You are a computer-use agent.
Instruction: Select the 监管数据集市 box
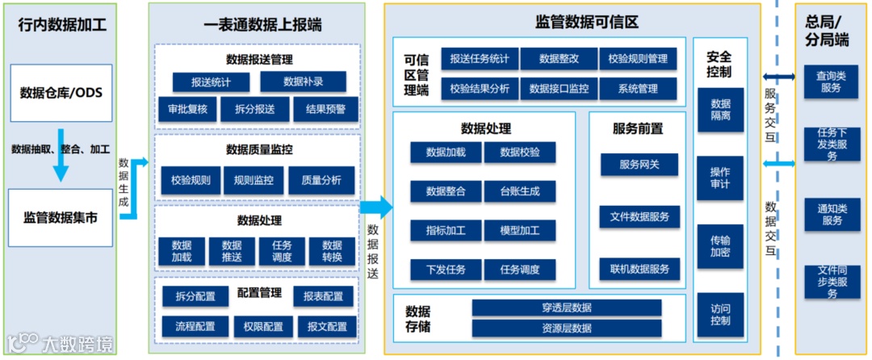point(61,217)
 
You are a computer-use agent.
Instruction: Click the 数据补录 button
point(303,82)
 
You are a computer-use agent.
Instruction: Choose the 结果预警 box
point(325,109)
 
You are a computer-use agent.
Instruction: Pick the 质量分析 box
point(321,181)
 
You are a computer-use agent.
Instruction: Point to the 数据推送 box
point(232,251)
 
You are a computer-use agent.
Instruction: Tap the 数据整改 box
point(559,59)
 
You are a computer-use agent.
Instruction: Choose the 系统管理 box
point(638,89)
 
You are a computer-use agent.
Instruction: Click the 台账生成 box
point(520,191)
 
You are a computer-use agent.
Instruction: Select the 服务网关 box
point(639,165)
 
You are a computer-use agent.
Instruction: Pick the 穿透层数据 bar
point(567,308)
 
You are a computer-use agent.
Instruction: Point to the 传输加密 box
point(720,246)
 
